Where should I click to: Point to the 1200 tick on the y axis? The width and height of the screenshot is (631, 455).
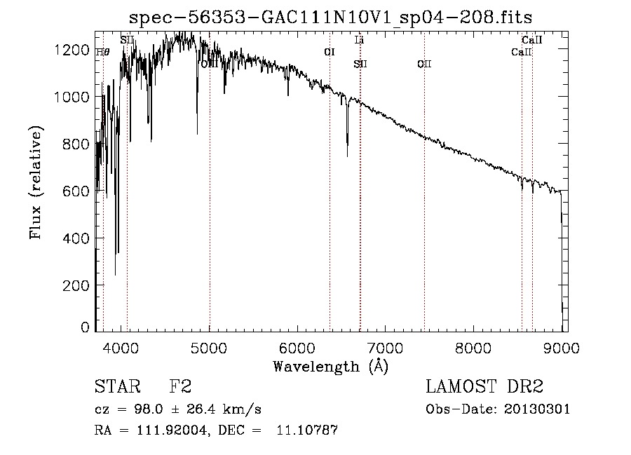(x=95, y=49)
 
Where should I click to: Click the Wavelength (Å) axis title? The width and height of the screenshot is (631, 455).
(x=330, y=366)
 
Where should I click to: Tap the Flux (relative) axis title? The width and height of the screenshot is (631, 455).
(x=36, y=182)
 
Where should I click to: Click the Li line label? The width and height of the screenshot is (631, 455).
(x=359, y=41)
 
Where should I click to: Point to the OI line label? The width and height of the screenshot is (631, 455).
(x=329, y=52)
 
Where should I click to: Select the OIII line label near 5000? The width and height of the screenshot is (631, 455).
(x=210, y=64)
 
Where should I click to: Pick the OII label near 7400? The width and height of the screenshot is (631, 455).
(x=423, y=64)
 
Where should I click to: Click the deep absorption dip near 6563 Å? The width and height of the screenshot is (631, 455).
(x=347, y=151)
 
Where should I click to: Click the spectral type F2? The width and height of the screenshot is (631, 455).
(x=180, y=387)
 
